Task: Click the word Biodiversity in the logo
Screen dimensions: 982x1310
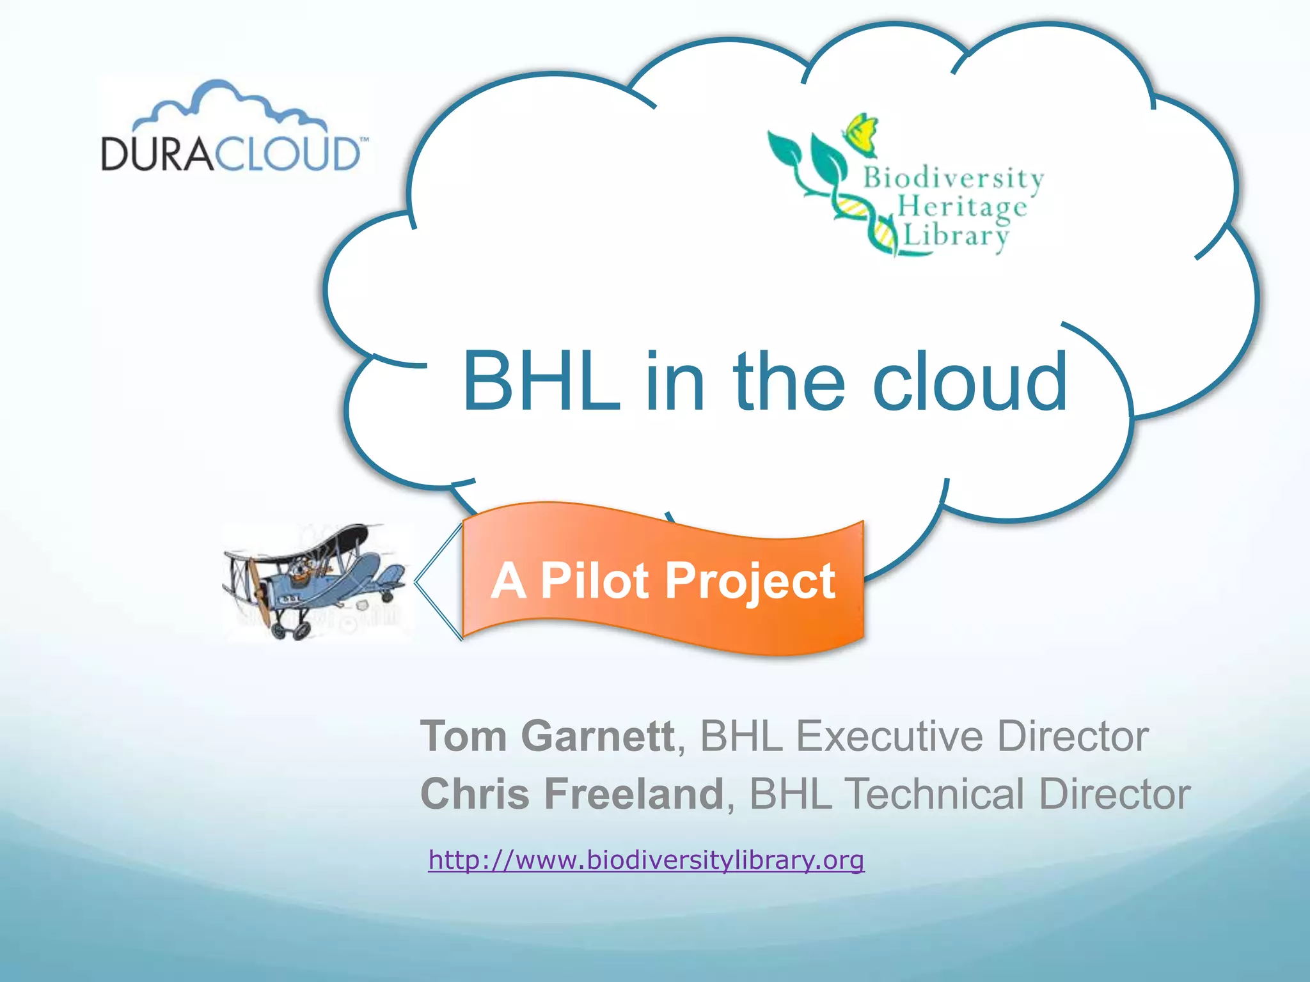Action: pos(953,178)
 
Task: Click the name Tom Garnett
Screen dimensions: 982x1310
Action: pos(548,736)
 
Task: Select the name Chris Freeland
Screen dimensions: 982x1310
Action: pos(572,793)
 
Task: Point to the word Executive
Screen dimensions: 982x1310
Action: pos(889,736)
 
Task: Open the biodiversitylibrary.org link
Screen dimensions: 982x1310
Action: pos(646,860)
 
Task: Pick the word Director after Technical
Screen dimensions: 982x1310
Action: pos(1114,793)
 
